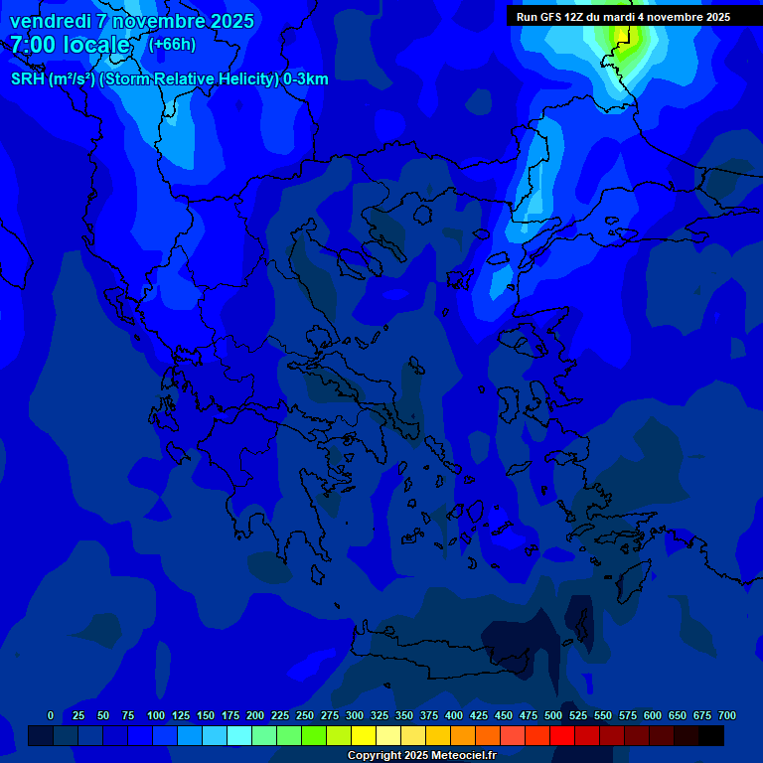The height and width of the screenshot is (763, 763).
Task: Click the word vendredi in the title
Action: pos(50,21)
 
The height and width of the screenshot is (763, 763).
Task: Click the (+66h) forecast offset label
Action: pos(172,44)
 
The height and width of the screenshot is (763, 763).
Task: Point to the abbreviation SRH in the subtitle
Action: pos(28,79)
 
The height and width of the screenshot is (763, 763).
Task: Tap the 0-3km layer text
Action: pos(306,79)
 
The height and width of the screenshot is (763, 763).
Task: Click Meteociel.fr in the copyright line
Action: pos(461,756)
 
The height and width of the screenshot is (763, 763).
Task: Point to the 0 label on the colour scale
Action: pos(51,715)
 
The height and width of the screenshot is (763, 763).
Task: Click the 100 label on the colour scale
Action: pos(156,715)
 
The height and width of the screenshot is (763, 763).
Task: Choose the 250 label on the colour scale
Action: pos(305,715)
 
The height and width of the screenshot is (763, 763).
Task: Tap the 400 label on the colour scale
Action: pos(454,715)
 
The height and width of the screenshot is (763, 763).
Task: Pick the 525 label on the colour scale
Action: pos(578,715)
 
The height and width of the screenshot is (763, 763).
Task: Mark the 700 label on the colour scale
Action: pos(727,715)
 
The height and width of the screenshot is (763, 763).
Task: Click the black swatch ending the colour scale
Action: pos(711,735)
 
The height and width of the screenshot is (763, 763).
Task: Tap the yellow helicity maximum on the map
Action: pos(623,33)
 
